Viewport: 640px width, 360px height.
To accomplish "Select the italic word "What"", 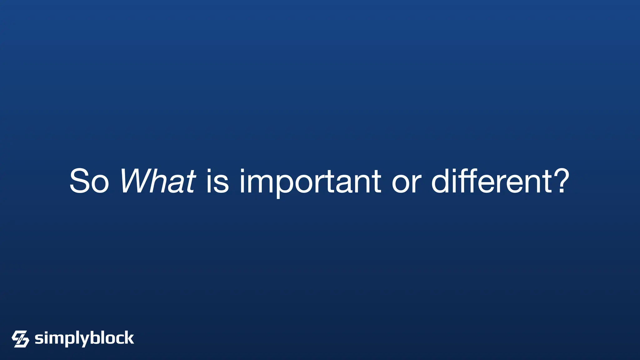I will coord(158,181).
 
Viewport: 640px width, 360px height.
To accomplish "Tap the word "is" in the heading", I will coord(217,181).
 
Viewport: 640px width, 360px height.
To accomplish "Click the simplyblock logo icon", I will coord(20,339).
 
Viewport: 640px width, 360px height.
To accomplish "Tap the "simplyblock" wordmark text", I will coord(84,339).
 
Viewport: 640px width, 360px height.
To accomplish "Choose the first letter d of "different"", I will coord(441,181).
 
